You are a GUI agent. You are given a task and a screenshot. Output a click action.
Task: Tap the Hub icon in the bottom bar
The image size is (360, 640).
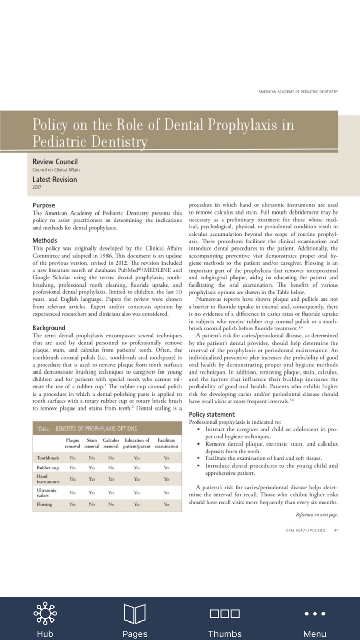click(45, 613)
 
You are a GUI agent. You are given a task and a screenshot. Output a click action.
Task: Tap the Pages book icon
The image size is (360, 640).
click(135, 613)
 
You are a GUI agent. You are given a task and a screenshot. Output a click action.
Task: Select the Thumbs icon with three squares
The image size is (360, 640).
click(225, 613)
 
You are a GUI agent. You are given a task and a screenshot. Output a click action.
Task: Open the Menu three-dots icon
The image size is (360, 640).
click(315, 613)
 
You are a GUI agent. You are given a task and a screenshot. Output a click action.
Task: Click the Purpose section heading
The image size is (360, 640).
click(44, 205)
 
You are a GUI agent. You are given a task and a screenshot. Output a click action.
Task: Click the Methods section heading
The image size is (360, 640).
click(45, 240)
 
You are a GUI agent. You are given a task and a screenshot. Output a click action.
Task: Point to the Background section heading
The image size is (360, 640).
click(49, 328)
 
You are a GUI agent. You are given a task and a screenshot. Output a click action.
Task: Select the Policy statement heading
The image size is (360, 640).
click(212, 414)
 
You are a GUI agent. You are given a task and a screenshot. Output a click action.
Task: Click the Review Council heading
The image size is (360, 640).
click(55, 162)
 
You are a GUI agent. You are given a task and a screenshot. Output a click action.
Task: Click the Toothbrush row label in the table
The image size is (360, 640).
click(48, 457)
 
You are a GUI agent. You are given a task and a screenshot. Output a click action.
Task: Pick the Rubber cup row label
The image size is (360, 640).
click(47, 468)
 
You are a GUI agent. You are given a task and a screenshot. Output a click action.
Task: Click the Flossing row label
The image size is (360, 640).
click(44, 504)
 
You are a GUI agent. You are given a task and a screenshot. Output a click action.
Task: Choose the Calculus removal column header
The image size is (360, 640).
click(111, 443)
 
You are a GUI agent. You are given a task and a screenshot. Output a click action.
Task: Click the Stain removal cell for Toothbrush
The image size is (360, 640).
click(92, 457)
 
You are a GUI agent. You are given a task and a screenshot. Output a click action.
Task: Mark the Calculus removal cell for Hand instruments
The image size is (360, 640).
click(111, 479)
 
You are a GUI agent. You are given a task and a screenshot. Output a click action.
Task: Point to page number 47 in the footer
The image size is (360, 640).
click(336, 530)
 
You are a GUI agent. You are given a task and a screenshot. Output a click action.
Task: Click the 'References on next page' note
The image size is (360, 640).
click(317, 514)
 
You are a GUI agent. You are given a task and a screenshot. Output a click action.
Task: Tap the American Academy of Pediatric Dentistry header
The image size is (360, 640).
click(298, 91)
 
